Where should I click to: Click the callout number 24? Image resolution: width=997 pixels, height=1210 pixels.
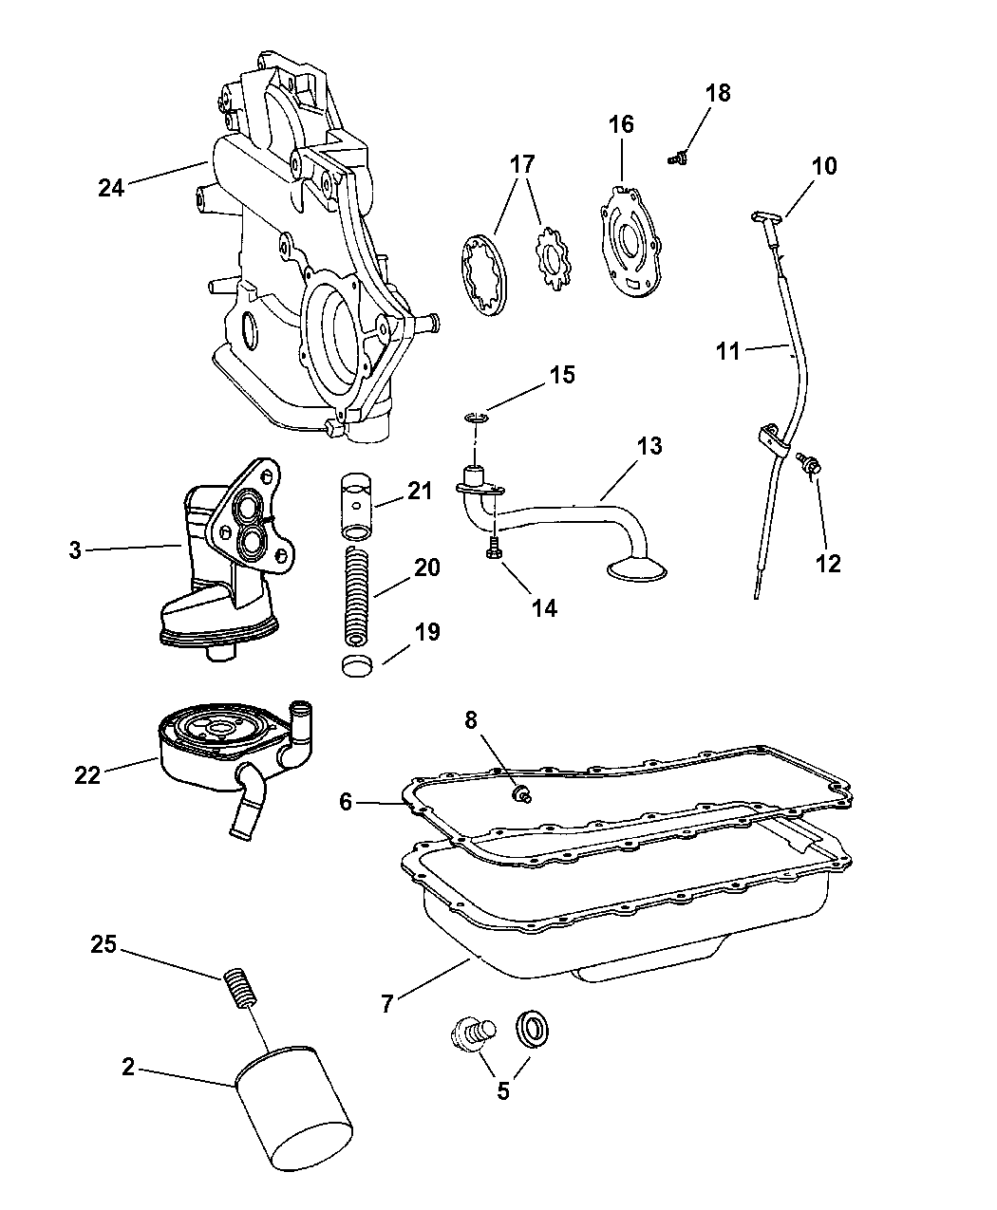[x=111, y=188]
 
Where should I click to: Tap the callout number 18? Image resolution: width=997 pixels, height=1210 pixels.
[x=718, y=93]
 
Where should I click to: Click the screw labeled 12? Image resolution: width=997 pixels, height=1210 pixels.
[x=812, y=464]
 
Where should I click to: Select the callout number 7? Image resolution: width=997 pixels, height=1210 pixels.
[x=386, y=1003]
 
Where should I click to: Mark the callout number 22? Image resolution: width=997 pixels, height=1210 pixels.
[x=87, y=775]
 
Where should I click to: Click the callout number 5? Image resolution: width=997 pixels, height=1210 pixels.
[x=502, y=1091]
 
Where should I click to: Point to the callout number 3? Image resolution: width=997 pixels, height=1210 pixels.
[x=75, y=549]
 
